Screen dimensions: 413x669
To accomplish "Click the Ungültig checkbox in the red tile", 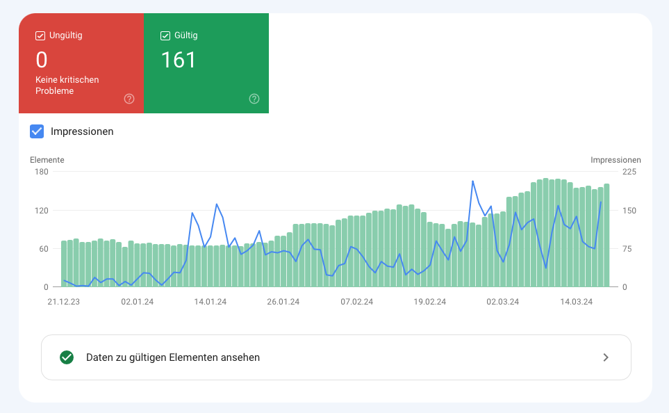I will point(40,35).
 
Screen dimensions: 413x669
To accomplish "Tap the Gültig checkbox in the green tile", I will point(165,35).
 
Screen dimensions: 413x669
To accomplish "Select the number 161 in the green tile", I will point(179,60).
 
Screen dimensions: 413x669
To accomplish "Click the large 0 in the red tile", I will point(42,60).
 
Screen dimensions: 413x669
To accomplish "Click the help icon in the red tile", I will point(129,99).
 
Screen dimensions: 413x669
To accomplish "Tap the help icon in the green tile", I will point(254,99).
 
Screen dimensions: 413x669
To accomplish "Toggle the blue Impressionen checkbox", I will point(37,131).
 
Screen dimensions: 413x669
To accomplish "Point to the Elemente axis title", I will point(47,160).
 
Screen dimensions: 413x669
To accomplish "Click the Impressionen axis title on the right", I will point(616,160).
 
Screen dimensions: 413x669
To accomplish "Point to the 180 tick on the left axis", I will point(41,172).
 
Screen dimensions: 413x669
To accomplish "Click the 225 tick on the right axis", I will point(628,172).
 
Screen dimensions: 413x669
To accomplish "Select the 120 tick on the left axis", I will point(41,211).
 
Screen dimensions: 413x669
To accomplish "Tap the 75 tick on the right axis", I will point(626,249).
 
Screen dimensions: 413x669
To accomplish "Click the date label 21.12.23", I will point(63,302).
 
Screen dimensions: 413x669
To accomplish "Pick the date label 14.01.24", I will point(210,302).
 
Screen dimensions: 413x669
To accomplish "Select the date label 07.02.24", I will point(356,302).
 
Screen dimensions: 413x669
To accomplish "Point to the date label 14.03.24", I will point(577,302).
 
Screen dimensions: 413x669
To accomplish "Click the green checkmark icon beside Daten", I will point(67,357).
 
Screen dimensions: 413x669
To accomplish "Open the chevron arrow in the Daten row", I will point(606,357).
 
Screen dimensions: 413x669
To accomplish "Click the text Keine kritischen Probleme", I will point(67,86).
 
